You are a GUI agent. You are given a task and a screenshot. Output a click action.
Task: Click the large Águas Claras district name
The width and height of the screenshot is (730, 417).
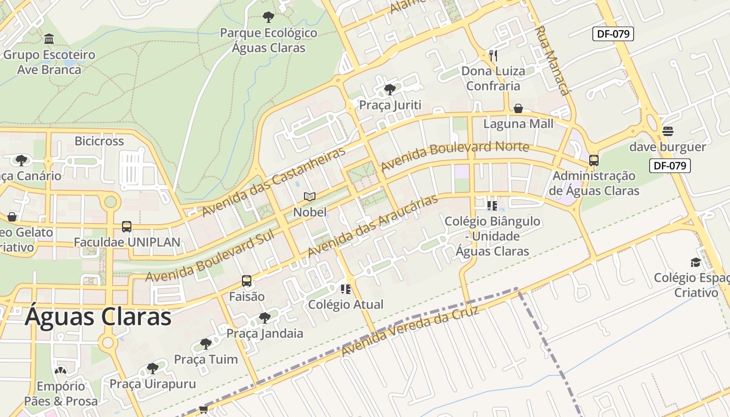click(98, 316)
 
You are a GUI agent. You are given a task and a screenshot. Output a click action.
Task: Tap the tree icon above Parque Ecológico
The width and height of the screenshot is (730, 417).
click(269, 17)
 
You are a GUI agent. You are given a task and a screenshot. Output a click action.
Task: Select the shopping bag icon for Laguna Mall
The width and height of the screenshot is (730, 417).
click(518, 108)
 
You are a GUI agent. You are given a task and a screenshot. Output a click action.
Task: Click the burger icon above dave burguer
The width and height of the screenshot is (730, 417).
click(668, 131)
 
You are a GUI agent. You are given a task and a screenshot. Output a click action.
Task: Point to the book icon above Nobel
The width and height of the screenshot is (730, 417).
click(310, 197)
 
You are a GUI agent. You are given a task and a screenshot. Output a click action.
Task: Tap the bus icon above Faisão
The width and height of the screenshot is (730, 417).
click(247, 281)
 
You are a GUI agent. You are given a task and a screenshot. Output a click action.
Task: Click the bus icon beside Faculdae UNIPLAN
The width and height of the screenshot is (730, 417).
click(127, 227)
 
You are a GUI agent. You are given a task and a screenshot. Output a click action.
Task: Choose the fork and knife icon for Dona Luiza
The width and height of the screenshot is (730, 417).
click(493, 55)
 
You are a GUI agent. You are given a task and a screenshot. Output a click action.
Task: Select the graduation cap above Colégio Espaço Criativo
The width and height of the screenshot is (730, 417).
click(696, 262)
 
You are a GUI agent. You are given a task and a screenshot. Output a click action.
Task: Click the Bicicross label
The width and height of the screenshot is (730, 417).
click(99, 141)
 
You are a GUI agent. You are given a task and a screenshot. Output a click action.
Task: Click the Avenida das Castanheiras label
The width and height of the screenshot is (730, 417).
click(274, 182)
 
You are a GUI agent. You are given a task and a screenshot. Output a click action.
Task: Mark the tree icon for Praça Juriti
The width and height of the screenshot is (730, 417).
click(390, 90)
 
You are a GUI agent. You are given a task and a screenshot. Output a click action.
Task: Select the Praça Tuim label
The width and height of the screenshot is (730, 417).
click(205, 359)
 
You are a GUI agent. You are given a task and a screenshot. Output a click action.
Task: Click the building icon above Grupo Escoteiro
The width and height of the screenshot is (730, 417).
click(50, 39)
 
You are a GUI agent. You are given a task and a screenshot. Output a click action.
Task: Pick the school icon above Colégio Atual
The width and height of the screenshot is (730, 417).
click(346, 289)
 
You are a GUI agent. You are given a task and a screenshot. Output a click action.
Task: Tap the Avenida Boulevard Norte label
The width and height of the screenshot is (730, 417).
click(455, 156)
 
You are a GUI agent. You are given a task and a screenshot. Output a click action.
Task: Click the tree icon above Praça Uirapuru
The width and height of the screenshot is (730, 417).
click(152, 369)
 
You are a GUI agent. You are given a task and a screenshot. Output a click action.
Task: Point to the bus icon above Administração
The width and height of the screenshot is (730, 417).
click(594, 161)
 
